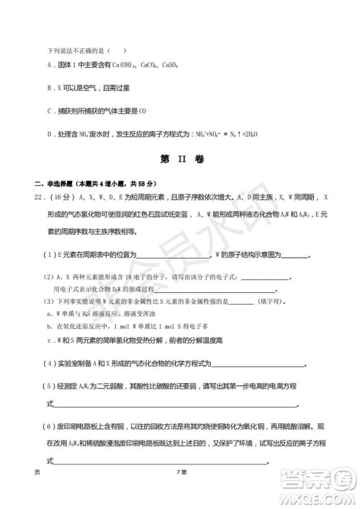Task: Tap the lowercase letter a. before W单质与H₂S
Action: coord(48,314)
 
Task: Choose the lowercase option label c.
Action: coord(48,339)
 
